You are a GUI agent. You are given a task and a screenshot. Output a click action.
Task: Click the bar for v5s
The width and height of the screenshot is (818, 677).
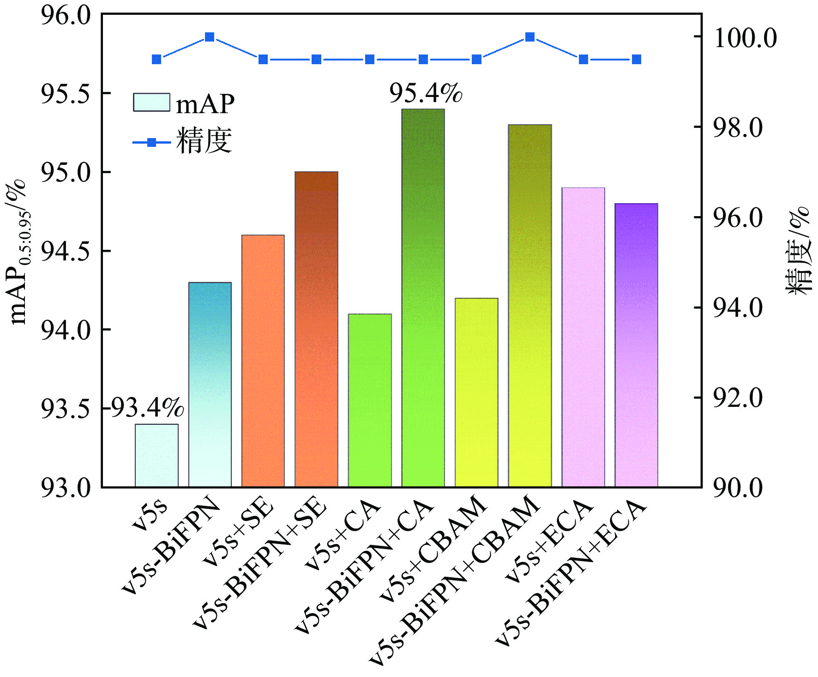click(156, 455)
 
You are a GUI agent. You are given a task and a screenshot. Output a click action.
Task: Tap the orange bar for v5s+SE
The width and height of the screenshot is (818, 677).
click(263, 361)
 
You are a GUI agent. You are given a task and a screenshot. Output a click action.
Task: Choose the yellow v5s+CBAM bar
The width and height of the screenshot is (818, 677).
click(476, 393)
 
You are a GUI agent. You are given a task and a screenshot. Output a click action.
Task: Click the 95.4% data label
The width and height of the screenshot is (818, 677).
click(425, 93)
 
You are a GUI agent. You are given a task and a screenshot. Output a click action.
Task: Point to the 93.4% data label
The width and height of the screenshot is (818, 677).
click(147, 408)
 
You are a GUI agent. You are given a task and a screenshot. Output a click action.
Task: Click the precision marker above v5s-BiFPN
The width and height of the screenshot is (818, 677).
click(210, 37)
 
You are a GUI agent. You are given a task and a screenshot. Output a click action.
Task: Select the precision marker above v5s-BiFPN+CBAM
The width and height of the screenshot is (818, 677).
click(530, 37)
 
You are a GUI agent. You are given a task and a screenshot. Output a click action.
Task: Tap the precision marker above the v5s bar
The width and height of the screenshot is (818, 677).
click(156, 60)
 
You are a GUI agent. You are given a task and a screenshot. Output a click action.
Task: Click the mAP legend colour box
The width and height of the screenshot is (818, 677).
click(151, 103)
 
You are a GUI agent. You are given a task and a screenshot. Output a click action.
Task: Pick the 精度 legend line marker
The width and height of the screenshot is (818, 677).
click(151, 143)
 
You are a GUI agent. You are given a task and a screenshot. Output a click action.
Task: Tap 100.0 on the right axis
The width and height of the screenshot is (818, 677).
click(745, 38)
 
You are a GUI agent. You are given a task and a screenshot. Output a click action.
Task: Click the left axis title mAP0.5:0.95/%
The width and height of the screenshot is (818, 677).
click(19, 252)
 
